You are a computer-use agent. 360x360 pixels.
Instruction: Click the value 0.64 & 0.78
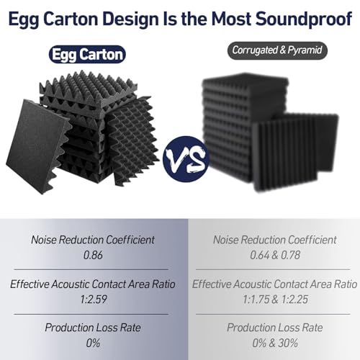coord(273,254)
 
